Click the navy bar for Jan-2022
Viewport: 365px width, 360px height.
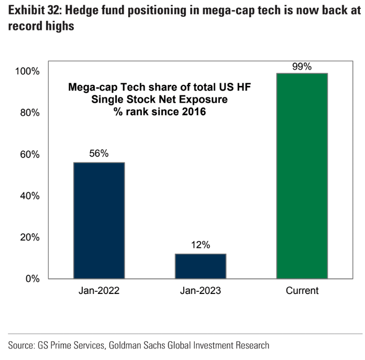[x=99, y=221]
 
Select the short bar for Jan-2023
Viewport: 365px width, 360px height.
[x=201, y=266]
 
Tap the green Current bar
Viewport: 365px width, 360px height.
[x=302, y=176]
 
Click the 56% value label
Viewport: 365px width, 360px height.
[x=99, y=154]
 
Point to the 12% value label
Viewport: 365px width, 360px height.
[x=201, y=245]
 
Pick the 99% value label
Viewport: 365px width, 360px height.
[x=302, y=67]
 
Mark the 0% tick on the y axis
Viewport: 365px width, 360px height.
[x=33, y=279]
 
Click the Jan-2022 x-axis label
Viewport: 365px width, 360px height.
[x=99, y=291]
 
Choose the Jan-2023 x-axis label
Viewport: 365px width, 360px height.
[x=201, y=291]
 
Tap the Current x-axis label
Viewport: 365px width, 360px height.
[x=302, y=291]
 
